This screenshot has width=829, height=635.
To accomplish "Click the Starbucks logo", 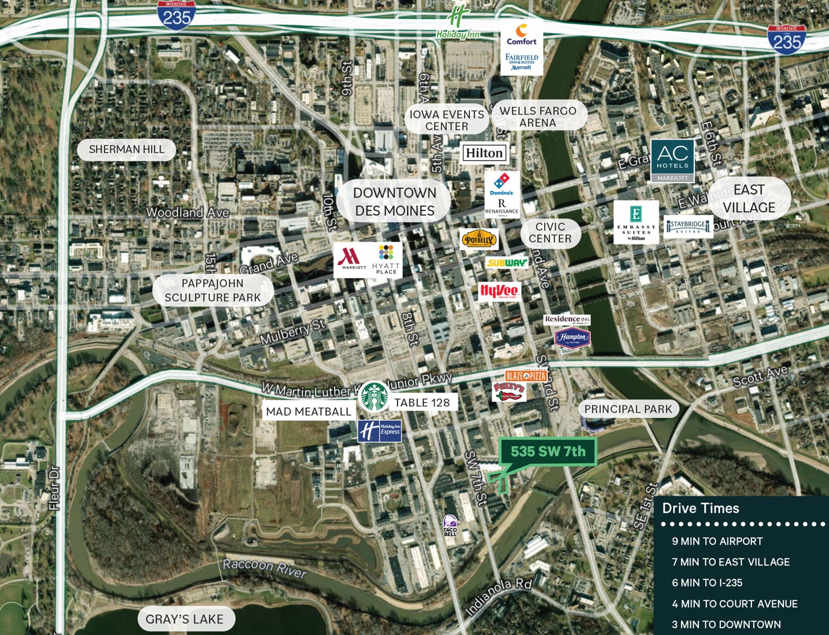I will [373, 396].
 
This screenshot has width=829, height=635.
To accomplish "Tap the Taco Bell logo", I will [450, 526].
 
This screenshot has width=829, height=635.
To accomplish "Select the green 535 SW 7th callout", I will [548, 451].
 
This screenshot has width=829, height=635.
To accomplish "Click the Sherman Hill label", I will [126, 149].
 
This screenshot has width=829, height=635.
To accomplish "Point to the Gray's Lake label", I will [184, 619].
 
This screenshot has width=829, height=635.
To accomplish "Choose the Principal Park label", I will [627, 409].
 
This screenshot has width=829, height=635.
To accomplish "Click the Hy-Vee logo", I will [498, 292].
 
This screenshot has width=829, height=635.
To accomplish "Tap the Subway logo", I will [507, 263].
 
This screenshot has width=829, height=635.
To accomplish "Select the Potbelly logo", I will [479, 240].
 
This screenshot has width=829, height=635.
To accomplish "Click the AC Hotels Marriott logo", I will [672, 161].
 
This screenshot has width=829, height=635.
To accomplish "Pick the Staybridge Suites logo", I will [688, 226].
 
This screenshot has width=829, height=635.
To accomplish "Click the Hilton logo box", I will [484, 153].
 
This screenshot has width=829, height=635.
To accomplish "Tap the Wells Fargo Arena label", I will [537, 117].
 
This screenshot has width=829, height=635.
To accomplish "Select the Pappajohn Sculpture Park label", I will [212, 290].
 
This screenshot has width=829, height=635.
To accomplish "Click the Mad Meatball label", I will [308, 411].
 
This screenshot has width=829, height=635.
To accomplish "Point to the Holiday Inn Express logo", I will [380, 431].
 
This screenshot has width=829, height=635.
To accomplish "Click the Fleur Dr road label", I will [54, 487].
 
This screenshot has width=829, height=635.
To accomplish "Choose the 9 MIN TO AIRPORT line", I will [717, 541].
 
